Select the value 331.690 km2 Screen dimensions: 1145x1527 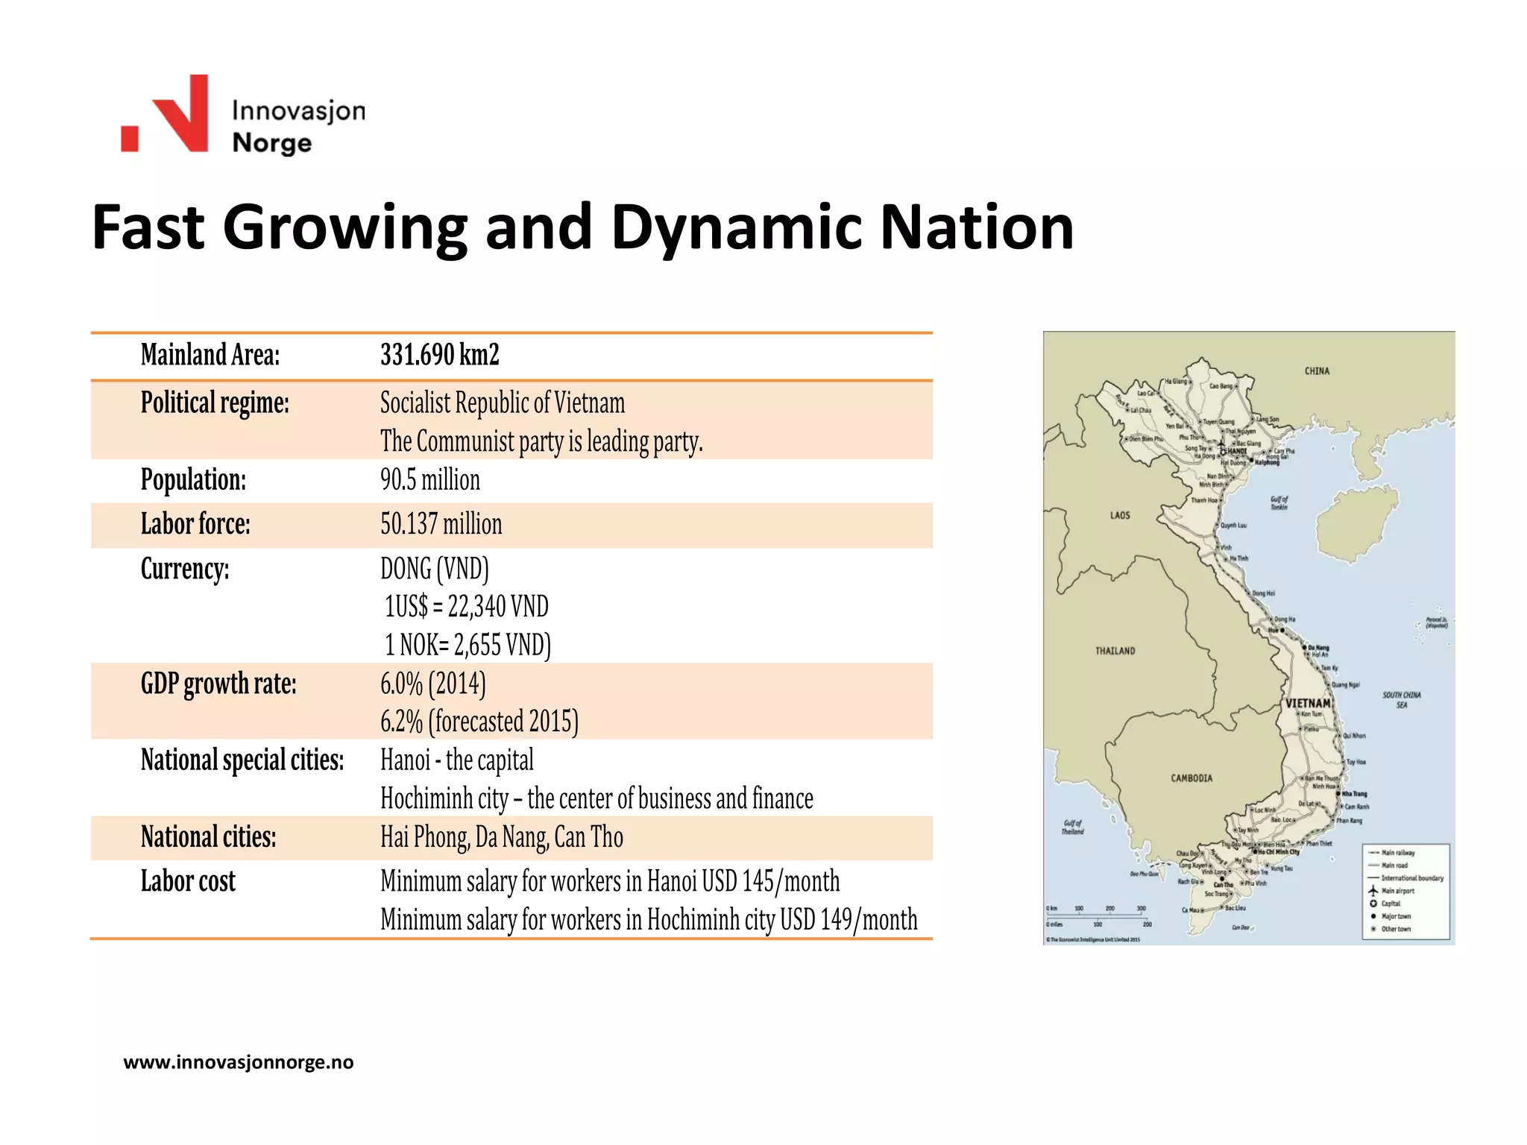click(439, 355)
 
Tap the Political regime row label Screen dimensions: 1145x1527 click(215, 403)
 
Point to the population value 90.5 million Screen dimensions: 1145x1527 click(430, 480)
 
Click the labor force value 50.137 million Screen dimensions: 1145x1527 click(441, 524)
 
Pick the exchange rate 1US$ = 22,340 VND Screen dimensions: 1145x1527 click(467, 607)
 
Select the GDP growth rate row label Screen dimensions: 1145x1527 click(218, 684)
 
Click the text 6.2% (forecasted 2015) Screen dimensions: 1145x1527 click(479, 722)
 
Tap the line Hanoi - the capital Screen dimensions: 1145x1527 click(457, 760)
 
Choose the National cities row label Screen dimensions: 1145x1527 click(208, 837)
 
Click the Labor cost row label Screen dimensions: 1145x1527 click(188, 882)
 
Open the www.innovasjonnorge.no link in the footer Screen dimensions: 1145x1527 click(239, 1062)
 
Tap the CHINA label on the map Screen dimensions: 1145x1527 click(1317, 371)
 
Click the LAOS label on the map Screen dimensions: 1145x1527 click(1120, 515)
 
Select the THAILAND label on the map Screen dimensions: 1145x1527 click(1115, 651)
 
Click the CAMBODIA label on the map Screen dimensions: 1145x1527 click(1191, 778)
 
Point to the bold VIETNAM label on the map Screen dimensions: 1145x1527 click(1308, 703)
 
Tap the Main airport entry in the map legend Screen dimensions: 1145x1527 click(1397, 891)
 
